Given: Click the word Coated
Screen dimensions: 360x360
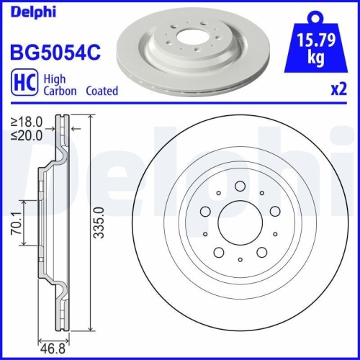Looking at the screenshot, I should point(102,91).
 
